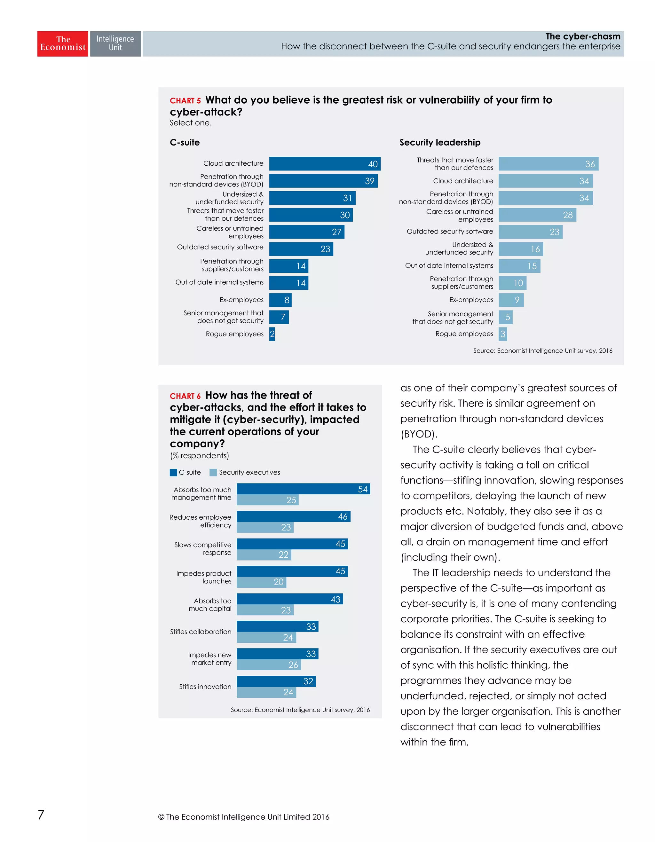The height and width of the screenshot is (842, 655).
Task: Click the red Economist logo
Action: point(62,43)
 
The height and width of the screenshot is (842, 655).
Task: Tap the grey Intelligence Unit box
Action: point(115,43)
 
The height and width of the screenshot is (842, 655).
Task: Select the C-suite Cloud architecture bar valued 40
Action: point(325,164)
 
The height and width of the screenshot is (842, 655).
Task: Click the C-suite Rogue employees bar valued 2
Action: point(272,334)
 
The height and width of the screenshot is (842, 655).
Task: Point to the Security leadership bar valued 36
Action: point(548,164)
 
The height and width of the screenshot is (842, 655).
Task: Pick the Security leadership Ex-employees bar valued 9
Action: point(511,300)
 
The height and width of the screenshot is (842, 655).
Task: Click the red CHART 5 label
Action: point(185,101)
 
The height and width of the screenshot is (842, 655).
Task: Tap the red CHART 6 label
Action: point(185,396)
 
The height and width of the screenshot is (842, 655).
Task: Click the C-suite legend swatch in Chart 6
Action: point(173,473)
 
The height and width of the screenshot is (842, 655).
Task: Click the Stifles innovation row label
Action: point(205,687)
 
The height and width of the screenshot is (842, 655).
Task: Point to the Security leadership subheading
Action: point(440,143)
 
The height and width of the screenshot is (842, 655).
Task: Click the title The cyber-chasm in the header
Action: point(582,37)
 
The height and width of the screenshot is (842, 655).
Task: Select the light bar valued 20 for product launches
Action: point(261,582)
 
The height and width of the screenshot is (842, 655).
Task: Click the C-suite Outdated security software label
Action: point(220,247)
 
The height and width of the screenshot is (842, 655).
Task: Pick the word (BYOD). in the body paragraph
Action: point(419,435)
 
